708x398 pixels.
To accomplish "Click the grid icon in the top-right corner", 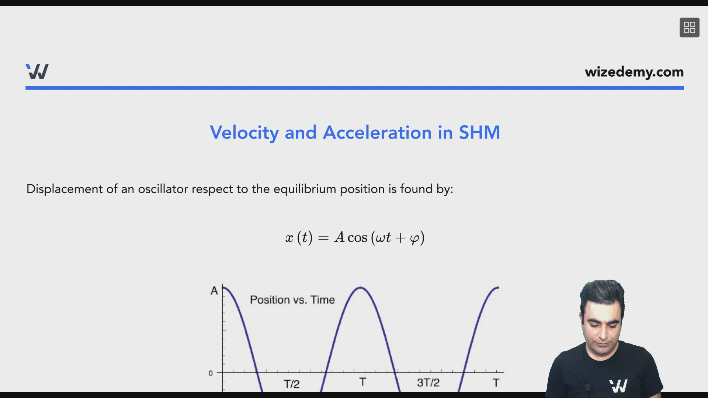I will point(689,28).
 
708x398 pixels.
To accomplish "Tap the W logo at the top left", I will point(37,71).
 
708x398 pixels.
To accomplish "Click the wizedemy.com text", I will point(634,72).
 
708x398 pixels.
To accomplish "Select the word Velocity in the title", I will point(244,133).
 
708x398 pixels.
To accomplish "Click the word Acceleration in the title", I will point(377,132).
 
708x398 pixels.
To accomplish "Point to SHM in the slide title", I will point(479,132).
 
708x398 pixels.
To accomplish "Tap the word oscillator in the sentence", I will point(163,189).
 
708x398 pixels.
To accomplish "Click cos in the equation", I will point(357,238).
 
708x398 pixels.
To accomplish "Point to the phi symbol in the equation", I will point(415,238).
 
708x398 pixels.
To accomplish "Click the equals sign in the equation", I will point(323,238).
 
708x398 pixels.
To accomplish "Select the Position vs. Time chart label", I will point(292,300).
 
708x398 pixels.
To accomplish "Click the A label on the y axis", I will point(214,291).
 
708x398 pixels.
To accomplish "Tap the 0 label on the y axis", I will point(211,373).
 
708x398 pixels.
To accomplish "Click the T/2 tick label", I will point(291,384).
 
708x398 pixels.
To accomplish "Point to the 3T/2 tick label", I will point(428,383).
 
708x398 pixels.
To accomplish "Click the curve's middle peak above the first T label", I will point(360,287).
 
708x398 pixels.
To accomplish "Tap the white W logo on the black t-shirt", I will point(618,386).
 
